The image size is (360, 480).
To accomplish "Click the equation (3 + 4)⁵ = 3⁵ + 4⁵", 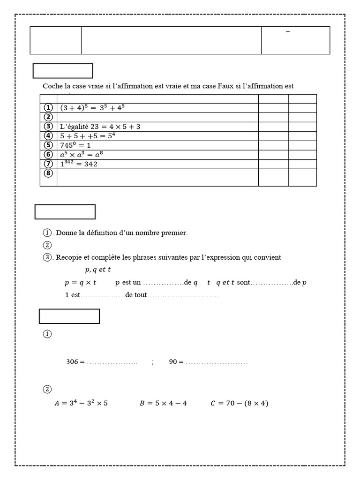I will [x=92, y=107].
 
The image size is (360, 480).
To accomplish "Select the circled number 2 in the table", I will [x=48, y=117].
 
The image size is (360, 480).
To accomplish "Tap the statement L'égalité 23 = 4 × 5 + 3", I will [x=100, y=126].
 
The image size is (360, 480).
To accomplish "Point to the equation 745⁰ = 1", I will [x=75, y=145].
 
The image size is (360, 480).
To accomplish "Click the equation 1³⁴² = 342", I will [x=79, y=164].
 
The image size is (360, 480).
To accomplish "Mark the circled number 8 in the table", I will [x=48, y=173].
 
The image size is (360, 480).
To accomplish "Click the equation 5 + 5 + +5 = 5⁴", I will [x=88, y=135].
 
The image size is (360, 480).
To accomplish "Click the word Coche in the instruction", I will [x=52, y=86].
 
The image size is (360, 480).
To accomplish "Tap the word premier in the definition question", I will [x=174, y=232].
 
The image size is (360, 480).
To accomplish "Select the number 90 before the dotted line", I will [x=173, y=362].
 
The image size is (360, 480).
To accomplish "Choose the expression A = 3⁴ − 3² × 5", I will [x=81, y=403].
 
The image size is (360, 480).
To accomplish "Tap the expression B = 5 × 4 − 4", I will [x=163, y=403].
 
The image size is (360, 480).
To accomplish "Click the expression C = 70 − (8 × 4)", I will [x=239, y=403].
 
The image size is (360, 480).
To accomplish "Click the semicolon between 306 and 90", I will [x=152, y=362].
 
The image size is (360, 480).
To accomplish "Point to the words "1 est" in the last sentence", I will [x=73, y=295].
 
